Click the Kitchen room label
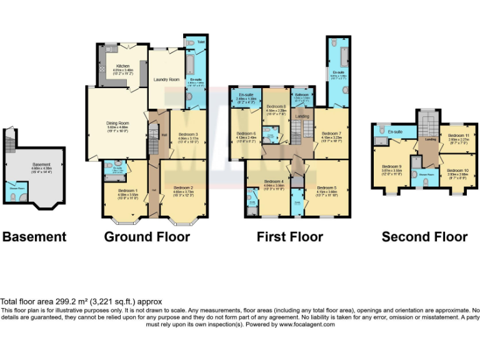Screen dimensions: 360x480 [123, 66]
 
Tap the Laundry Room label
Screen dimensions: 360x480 [166, 79]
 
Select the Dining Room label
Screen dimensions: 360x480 [117, 123]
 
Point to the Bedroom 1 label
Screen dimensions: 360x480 [127, 191]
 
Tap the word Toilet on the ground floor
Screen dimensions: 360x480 [201, 42]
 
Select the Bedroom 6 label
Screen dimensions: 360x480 [246, 133]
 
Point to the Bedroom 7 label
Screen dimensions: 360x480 [331, 133]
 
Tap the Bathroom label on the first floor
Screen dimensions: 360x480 [302, 94]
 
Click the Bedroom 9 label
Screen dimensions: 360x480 [391, 166]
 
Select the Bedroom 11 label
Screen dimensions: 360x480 [458, 136]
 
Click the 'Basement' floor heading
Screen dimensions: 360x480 [34, 237]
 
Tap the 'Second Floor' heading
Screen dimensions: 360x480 [424, 237]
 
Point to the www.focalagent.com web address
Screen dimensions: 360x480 [306, 324]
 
